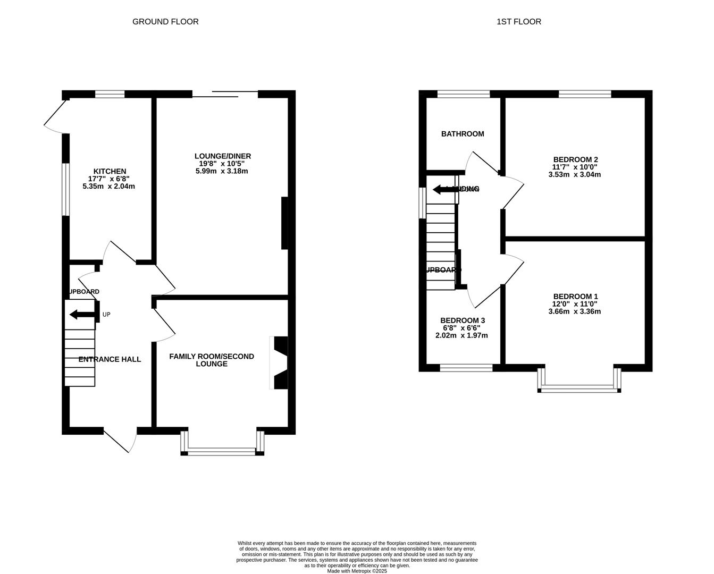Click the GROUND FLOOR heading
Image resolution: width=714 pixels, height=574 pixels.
165,22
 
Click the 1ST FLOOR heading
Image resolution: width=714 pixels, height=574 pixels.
518,22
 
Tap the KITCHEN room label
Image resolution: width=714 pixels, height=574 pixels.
110,171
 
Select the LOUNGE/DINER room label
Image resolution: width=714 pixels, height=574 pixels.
222,156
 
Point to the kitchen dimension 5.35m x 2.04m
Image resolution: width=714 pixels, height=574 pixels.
109,187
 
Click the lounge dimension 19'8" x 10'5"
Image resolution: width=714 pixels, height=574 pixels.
222,164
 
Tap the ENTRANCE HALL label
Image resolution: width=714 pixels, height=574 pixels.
110,359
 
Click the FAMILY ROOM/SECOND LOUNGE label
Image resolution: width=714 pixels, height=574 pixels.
212,360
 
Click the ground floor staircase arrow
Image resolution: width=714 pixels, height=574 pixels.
81,315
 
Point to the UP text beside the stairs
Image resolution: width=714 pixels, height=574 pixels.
106,315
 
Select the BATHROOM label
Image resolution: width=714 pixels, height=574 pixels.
463,134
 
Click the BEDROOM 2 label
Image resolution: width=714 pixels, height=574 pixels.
575,159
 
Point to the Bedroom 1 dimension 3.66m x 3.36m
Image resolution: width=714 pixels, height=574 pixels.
574,311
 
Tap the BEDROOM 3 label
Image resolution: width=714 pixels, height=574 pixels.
462,320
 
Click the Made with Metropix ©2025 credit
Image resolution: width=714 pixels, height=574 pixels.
357,571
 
